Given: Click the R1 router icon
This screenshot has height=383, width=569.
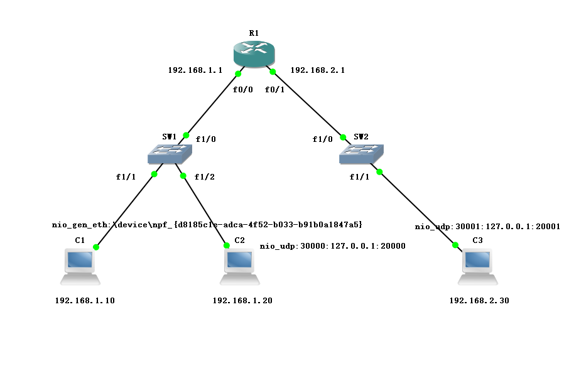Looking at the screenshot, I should pyautogui.click(x=254, y=54).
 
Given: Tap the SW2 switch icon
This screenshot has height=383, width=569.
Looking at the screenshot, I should pyautogui.click(x=360, y=153).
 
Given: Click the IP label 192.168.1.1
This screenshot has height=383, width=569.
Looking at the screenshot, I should pyautogui.click(x=195, y=70).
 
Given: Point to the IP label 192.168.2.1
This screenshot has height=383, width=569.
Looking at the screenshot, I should pyautogui.click(x=318, y=70).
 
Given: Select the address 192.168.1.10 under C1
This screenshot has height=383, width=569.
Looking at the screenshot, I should pyautogui.click(x=85, y=301).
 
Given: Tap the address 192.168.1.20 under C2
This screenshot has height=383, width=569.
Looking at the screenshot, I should pyautogui.click(x=242, y=301).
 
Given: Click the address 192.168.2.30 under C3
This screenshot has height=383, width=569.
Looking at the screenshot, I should pyautogui.click(x=479, y=301).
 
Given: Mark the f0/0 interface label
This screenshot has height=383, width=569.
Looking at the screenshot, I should pyautogui.click(x=242, y=89).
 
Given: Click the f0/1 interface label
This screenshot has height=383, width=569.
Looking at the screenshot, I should pyautogui.click(x=274, y=89).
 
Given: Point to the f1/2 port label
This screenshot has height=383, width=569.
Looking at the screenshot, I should pyautogui.click(x=204, y=177).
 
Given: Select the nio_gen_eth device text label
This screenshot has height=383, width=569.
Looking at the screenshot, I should pyautogui.click(x=207, y=224).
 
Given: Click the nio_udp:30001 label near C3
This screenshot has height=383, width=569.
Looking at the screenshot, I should pyautogui.click(x=487, y=227).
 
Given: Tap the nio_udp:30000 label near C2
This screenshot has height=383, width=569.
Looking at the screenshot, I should pyautogui.click(x=332, y=246).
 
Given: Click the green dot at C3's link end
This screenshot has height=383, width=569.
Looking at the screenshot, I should pyautogui.click(x=455, y=245).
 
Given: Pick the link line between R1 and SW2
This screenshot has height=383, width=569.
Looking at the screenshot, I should pyautogui.click(x=308, y=101).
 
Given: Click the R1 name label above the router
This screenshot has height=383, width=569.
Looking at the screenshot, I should pyautogui.click(x=254, y=33).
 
